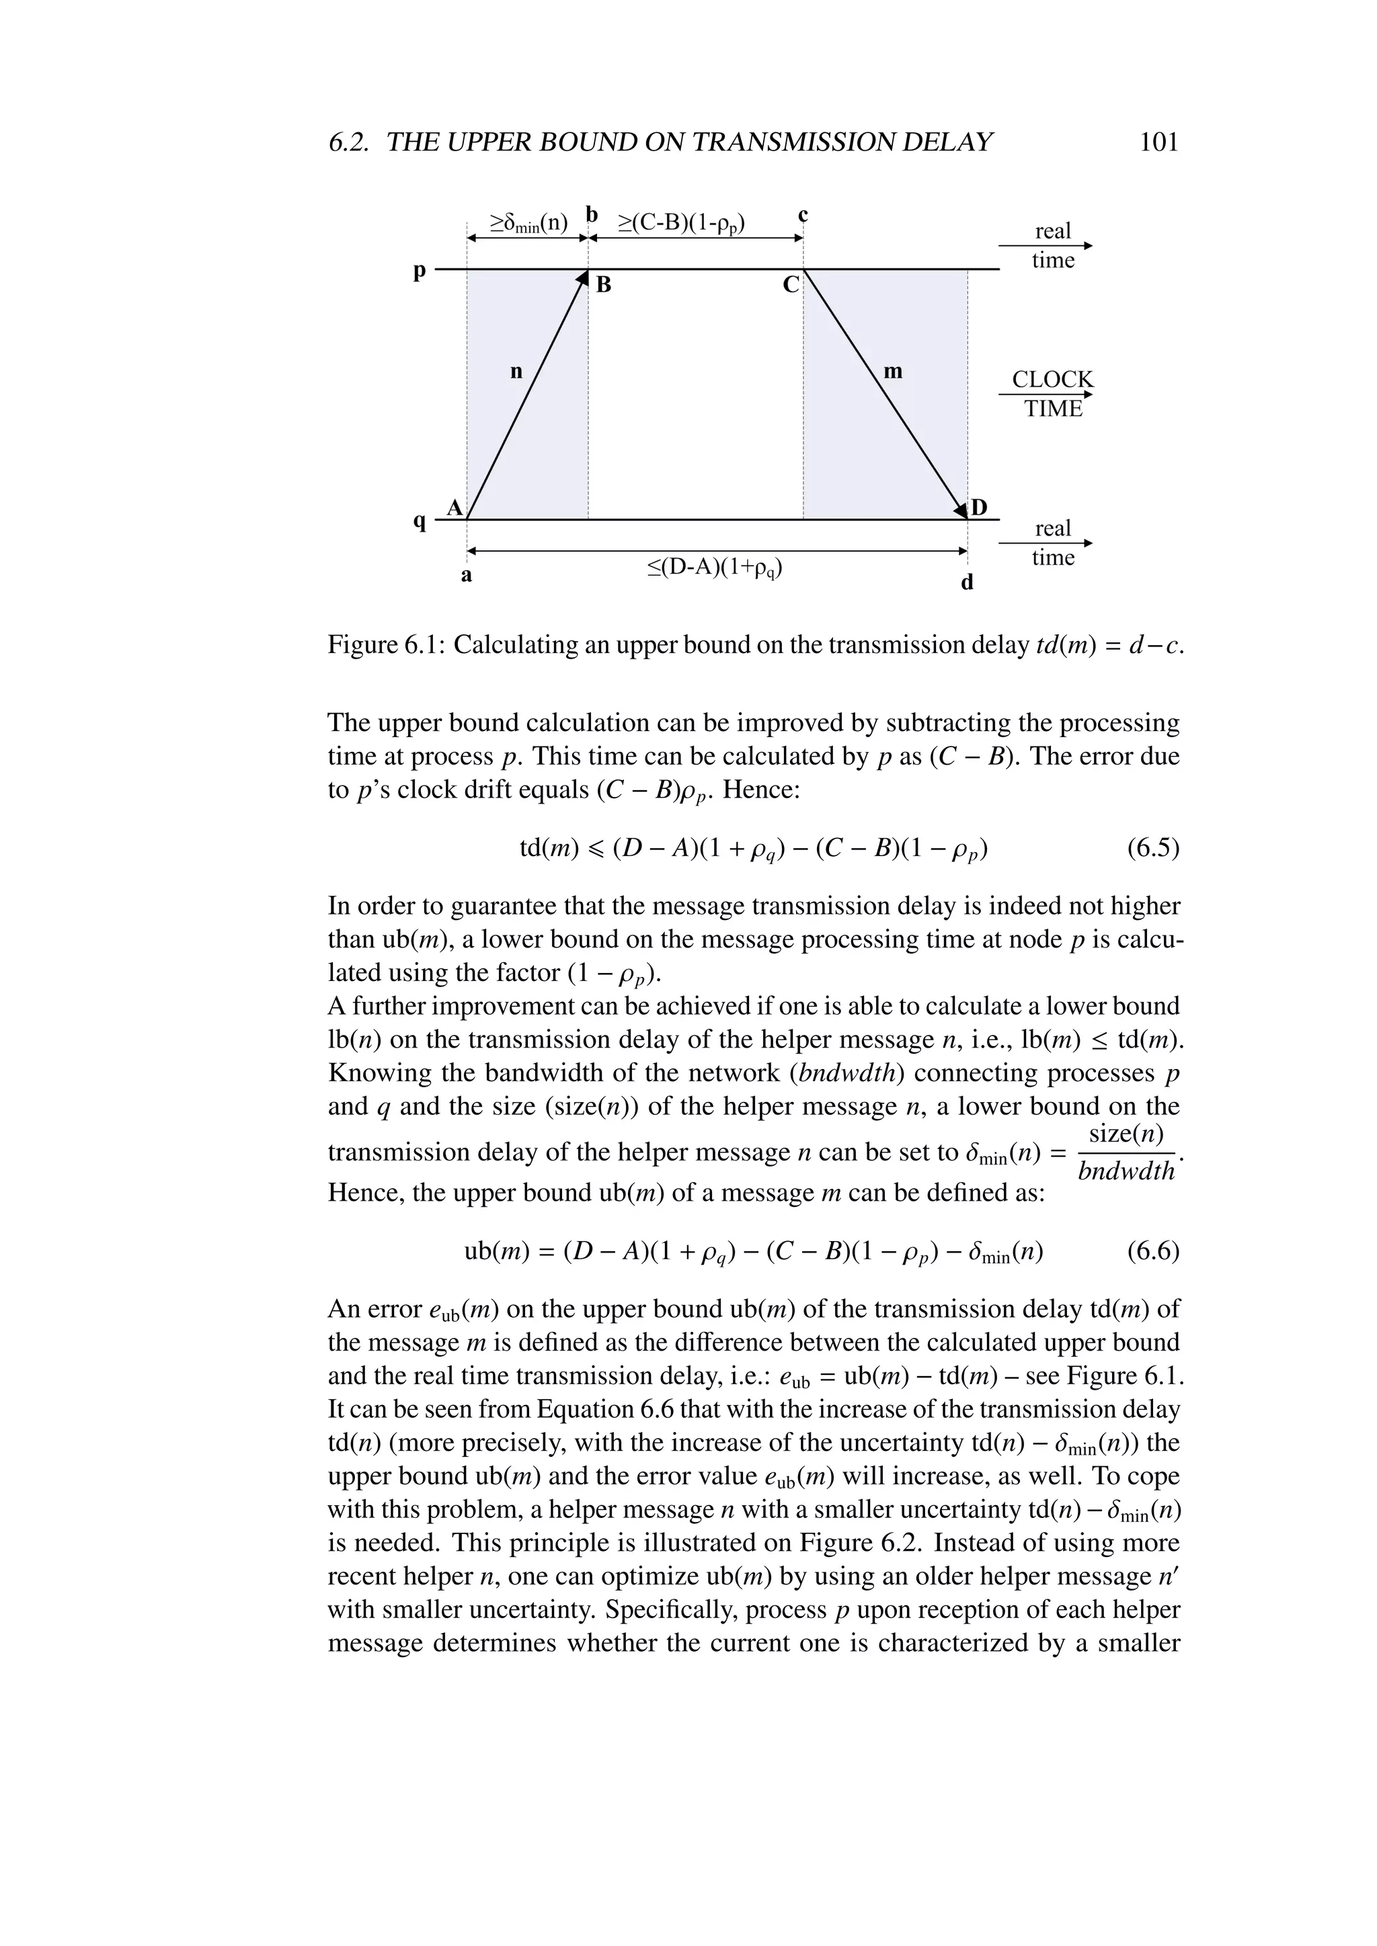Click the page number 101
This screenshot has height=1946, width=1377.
[x=1159, y=142]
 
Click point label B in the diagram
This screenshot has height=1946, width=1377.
[x=604, y=286]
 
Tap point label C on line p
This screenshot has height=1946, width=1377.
[x=790, y=286]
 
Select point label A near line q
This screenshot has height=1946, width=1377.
[x=455, y=508]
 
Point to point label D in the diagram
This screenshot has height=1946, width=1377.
[x=980, y=508]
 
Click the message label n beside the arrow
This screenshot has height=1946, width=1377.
[x=516, y=371]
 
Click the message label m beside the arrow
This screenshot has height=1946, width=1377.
[x=893, y=371]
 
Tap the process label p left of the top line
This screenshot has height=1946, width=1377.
[x=419, y=271]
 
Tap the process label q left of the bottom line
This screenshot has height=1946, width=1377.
[x=419, y=521]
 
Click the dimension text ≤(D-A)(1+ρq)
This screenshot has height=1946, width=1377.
[x=715, y=567]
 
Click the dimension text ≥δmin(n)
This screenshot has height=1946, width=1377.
[x=528, y=224]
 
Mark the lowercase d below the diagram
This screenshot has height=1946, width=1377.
[x=968, y=583]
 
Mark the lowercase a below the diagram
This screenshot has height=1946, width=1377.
[x=467, y=577]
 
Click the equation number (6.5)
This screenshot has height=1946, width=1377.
[x=1153, y=849]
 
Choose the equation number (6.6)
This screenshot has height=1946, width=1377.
[x=1153, y=1251]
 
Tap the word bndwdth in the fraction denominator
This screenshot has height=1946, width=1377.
[x=1126, y=1172]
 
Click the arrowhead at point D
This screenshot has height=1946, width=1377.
[x=961, y=511]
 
